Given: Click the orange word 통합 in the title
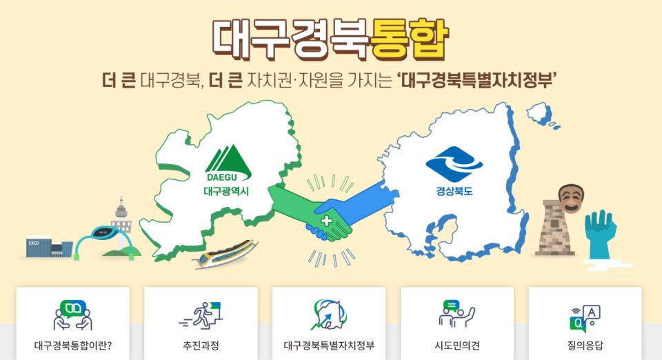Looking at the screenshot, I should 409,37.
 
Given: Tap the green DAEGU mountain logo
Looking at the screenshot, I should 228,164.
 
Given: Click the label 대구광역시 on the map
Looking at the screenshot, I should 227,191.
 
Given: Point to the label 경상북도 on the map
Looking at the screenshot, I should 454,191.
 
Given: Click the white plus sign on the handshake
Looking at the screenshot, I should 326,221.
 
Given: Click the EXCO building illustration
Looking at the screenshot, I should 48,246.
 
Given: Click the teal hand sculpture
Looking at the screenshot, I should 599,234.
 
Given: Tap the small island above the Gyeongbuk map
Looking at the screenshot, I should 539,113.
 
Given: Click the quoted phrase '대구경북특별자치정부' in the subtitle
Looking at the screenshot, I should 478,81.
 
